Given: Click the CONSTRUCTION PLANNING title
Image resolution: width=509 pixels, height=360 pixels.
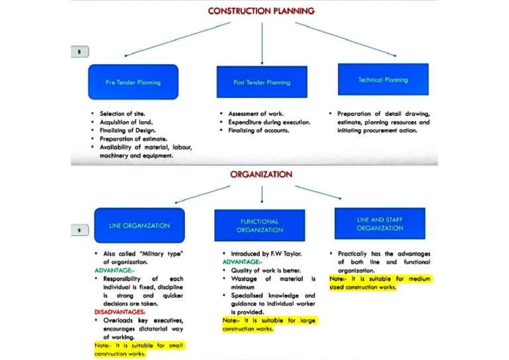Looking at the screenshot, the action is click(x=260, y=11).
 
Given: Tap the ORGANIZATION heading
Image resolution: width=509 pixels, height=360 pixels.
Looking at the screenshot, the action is click(x=260, y=174).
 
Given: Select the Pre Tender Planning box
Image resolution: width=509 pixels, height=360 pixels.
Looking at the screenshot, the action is click(x=133, y=82).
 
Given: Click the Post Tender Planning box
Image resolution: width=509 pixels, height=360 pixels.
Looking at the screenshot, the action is click(x=262, y=82).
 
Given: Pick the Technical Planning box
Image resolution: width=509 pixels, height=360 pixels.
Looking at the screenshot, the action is click(x=382, y=80).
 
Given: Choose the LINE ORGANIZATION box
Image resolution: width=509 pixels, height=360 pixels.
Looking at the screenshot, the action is click(x=139, y=225).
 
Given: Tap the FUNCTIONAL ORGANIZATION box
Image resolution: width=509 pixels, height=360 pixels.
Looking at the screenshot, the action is click(x=259, y=225).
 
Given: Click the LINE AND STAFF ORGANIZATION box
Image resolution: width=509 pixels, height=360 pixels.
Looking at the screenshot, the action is click(x=379, y=223).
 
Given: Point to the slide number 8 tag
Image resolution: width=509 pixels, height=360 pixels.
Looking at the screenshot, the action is click(x=80, y=51).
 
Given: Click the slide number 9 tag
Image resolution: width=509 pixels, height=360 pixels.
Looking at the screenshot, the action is click(x=80, y=230).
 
